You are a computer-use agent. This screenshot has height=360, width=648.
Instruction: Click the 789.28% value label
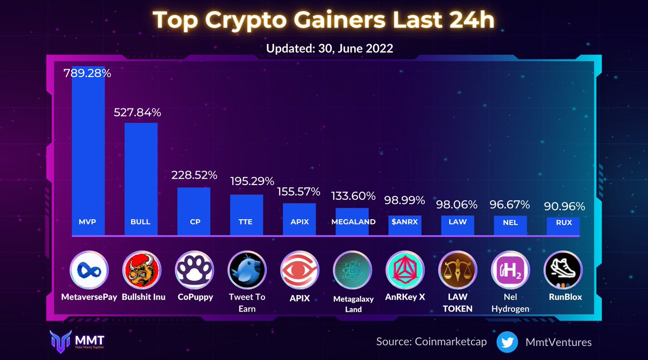click(x=87, y=73)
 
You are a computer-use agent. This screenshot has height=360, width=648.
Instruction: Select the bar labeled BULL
click(x=141, y=179)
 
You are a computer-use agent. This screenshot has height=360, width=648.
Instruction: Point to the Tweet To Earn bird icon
click(x=247, y=270)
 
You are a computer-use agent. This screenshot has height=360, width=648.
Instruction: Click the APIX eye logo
click(x=299, y=270)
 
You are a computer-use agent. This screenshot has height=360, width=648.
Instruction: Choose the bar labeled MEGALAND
click(x=352, y=221)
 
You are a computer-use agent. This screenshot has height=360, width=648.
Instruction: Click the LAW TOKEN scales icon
click(x=457, y=270)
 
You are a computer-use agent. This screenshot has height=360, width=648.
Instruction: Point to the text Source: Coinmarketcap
click(x=432, y=342)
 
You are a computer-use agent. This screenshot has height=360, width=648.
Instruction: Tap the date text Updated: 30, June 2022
click(x=329, y=48)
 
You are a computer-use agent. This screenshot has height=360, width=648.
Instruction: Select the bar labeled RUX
click(x=563, y=226)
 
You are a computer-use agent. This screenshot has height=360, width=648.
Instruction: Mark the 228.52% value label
click(x=194, y=175)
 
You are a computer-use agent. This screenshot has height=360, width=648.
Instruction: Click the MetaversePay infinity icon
click(x=89, y=270)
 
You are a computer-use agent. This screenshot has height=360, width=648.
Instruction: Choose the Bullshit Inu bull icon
click(x=141, y=270)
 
